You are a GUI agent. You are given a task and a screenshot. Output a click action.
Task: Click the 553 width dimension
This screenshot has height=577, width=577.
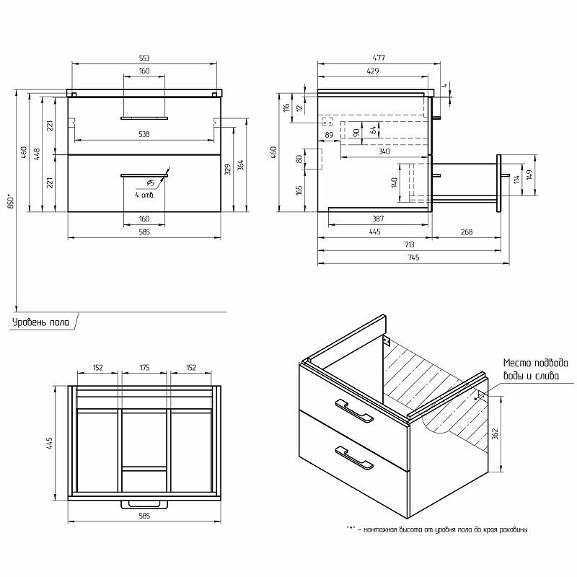point(144,58)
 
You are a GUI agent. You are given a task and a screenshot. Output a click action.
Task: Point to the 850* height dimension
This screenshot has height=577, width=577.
point(10,199)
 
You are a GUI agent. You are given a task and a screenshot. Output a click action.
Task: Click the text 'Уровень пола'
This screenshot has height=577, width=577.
point(40,322)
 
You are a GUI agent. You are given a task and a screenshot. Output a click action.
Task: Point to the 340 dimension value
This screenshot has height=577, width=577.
point(384,152)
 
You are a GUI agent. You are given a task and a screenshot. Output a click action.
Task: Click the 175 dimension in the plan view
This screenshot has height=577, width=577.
point(144,367)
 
